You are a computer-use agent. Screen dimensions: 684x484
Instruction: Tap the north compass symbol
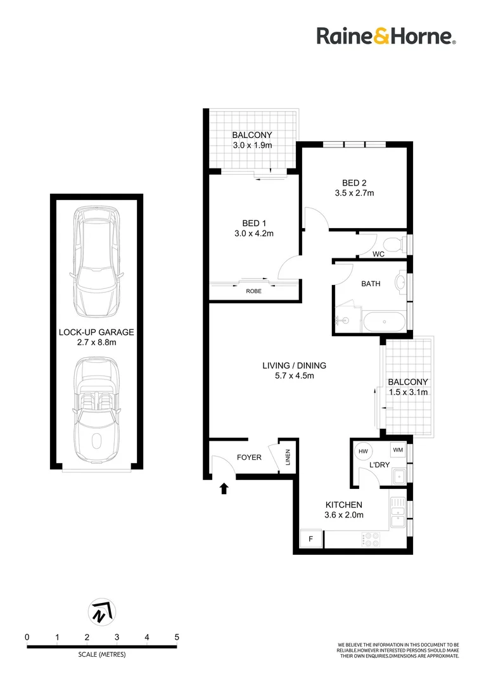(x=101, y=611)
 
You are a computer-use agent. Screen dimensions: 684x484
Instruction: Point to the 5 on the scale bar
(x=177, y=637)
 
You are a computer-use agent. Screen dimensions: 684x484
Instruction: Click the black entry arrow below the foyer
(x=224, y=488)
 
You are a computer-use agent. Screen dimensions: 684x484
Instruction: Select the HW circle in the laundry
(x=363, y=451)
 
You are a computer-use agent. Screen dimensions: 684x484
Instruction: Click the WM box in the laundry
(x=398, y=450)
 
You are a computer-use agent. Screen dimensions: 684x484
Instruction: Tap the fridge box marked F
(x=311, y=538)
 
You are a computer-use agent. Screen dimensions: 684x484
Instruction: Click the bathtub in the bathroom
(x=386, y=322)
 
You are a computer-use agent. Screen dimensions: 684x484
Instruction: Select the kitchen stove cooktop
(x=370, y=539)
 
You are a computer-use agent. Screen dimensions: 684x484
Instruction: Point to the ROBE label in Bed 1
(x=253, y=292)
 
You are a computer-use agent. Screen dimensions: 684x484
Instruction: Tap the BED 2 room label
(x=354, y=182)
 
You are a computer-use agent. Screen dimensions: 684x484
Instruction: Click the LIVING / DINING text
(x=294, y=365)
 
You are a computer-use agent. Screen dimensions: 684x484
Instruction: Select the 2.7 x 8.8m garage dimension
(x=96, y=342)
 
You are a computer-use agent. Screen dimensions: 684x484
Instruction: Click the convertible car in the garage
(x=96, y=411)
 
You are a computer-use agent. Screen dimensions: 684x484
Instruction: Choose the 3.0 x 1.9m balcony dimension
(x=252, y=145)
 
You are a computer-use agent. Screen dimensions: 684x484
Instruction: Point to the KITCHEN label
(x=344, y=505)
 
